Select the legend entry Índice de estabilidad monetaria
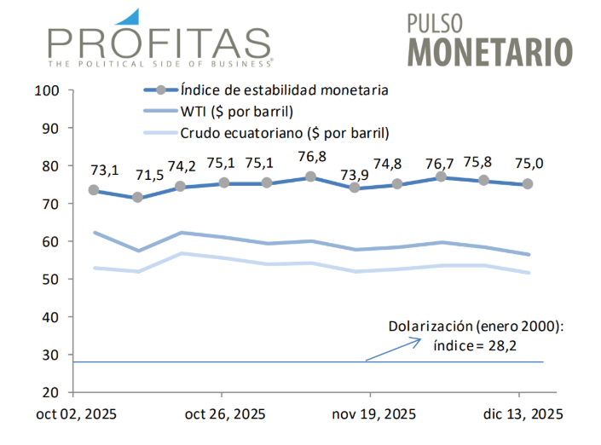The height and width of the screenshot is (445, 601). point(285,89)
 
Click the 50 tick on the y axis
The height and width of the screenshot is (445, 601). point(48,279)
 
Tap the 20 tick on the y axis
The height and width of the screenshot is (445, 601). point(48,392)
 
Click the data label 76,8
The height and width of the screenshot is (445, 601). point(311,156)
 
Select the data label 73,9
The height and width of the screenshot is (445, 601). point(355,175)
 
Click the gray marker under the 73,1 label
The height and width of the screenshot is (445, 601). point(94,190)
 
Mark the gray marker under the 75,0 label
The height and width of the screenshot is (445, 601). point(528,184)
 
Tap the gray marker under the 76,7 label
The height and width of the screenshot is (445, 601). point(441,176)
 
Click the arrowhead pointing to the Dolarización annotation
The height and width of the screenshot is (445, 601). point(418,340)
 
